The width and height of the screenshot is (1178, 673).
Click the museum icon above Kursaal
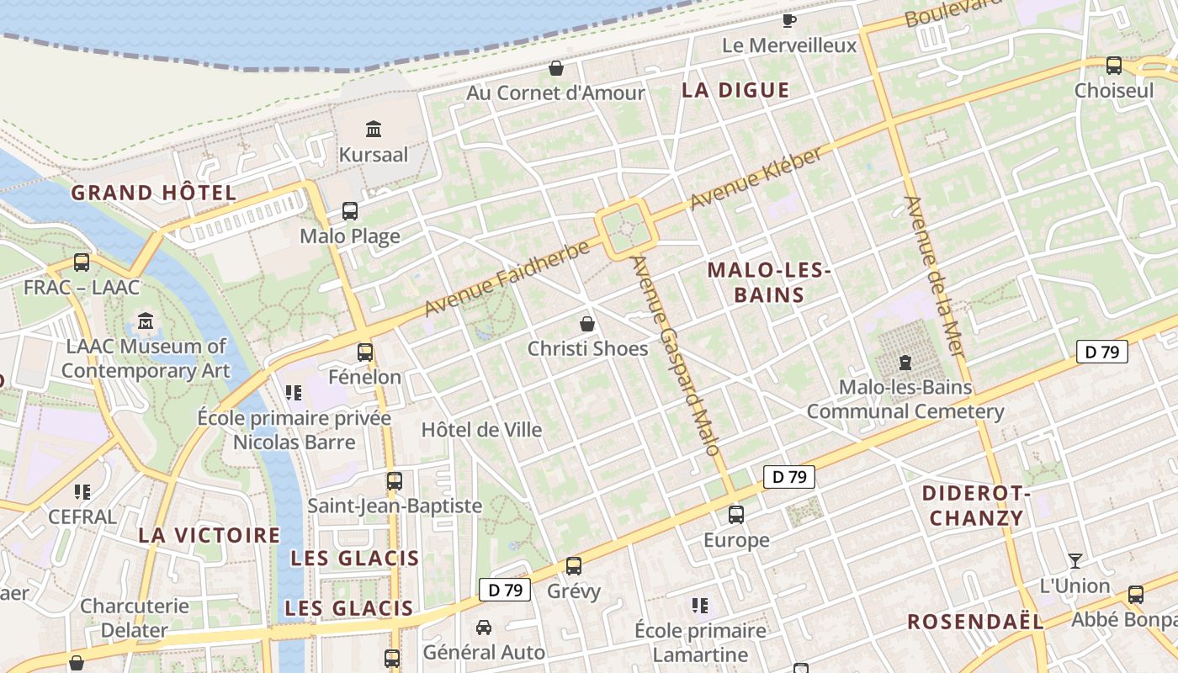(x=374, y=130)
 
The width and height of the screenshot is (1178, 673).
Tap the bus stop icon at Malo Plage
(x=349, y=211)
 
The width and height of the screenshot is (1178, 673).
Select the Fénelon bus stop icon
(x=364, y=352)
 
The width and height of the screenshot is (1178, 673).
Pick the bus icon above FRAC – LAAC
(x=82, y=262)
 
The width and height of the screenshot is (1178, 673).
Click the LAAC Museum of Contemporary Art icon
(x=146, y=321)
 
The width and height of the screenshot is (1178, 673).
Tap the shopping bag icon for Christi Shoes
(x=587, y=324)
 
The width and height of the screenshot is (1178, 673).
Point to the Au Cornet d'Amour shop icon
(x=555, y=68)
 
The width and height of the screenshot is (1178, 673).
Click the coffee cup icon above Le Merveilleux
(x=788, y=20)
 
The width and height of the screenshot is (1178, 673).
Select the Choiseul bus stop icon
(x=1113, y=66)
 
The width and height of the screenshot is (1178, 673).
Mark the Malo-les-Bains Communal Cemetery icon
(x=905, y=363)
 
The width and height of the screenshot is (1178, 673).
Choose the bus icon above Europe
(x=736, y=515)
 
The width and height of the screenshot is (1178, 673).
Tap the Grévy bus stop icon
(x=574, y=566)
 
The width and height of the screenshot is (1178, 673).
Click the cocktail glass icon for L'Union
(x=1075, y=560)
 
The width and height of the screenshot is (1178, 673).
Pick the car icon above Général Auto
(x=484, y=628)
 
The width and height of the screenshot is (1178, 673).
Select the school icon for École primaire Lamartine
(x=699, y=606)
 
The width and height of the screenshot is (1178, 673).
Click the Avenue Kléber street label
(x=756, y=178)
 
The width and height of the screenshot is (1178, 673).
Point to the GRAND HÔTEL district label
(x=153, y=193)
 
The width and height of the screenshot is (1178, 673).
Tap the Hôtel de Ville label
(x=481, y=430)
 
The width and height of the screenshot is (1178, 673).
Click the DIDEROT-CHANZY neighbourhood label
(x=976, y=506)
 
